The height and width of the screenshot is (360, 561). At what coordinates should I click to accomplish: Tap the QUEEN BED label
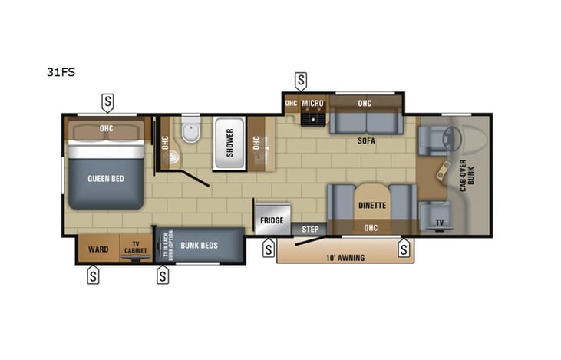[105, 179]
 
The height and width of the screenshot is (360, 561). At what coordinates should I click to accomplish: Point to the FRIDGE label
[272, 220]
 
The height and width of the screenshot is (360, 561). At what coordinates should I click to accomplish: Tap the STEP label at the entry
[310, 229]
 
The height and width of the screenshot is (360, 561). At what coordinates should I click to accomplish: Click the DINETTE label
[371, 206]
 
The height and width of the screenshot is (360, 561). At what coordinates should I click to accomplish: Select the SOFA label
[365, 141]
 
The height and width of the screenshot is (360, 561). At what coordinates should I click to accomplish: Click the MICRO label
[312, 104]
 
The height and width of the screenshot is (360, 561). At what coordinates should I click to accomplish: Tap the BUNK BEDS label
[200, 246]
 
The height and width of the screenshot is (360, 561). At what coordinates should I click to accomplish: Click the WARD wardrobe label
[98, 249]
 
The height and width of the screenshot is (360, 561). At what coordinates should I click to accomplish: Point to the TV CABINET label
[138, 249]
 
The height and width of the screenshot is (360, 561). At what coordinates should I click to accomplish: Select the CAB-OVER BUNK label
[463, 175]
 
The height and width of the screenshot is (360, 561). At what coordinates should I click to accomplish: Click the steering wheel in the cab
[449, 137]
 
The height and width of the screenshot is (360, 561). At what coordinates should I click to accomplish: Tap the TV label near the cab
[439, 223]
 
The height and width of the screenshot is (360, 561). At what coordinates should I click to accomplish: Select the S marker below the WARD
[93, 276]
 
